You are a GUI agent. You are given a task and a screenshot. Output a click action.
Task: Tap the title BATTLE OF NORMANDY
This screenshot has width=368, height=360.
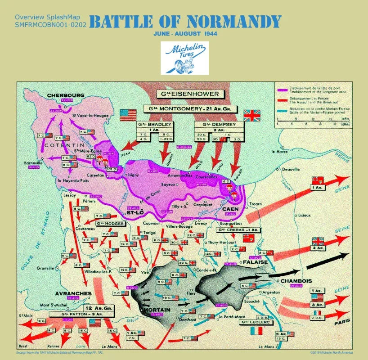point(185,22)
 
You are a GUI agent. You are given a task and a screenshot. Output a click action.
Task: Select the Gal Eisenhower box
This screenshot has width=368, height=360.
point(188,94)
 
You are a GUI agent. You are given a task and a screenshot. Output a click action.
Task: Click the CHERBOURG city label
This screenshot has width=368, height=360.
point(65,95)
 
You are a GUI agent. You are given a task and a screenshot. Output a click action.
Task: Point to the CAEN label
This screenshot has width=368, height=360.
point(230,209)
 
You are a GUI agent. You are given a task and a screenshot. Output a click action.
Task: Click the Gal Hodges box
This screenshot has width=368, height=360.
point(108,223)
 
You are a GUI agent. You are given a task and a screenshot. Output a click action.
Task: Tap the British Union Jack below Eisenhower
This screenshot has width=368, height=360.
point(252,115)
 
